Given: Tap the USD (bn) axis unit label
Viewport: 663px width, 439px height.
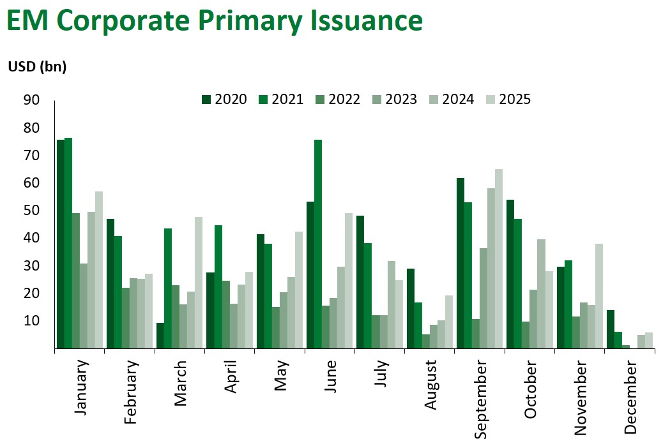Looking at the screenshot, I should [x=37, y=66].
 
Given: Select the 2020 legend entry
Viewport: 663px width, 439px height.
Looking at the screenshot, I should [x=224, y=100].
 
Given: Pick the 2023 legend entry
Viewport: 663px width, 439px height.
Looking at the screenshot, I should [x=394, y=100].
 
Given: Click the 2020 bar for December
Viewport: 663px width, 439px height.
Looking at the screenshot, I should [x=610, y=329].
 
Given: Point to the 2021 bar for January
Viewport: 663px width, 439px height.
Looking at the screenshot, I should [x=68, y=243].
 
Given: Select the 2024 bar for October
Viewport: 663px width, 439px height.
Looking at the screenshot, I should [x=541, y=294].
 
